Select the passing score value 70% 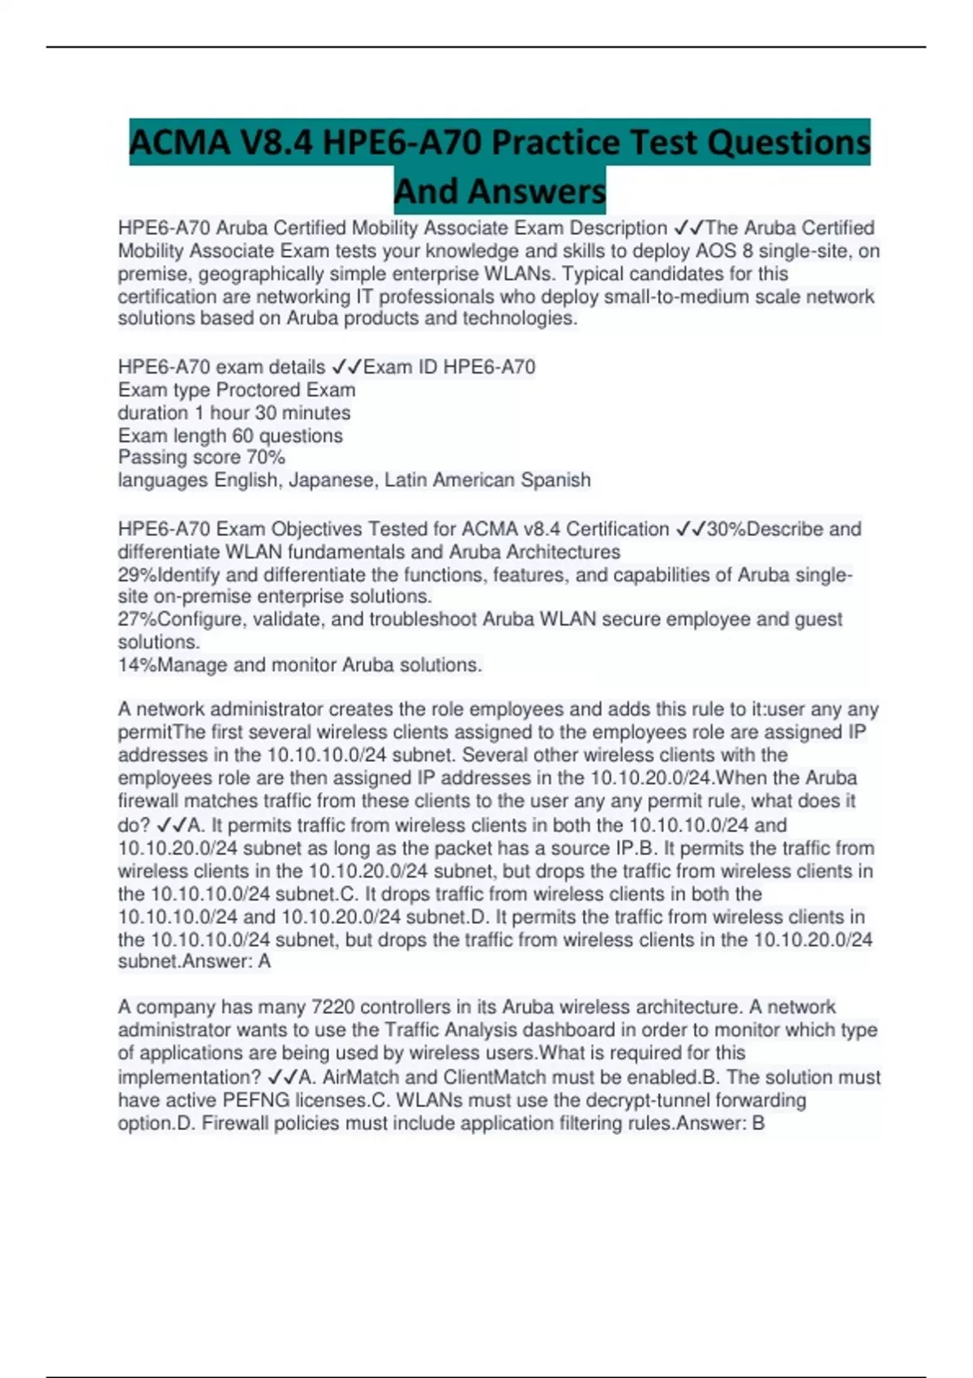click(266, 457)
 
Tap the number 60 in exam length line click(243, 435)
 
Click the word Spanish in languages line click(555, 480)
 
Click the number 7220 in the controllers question click(332, 1007)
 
